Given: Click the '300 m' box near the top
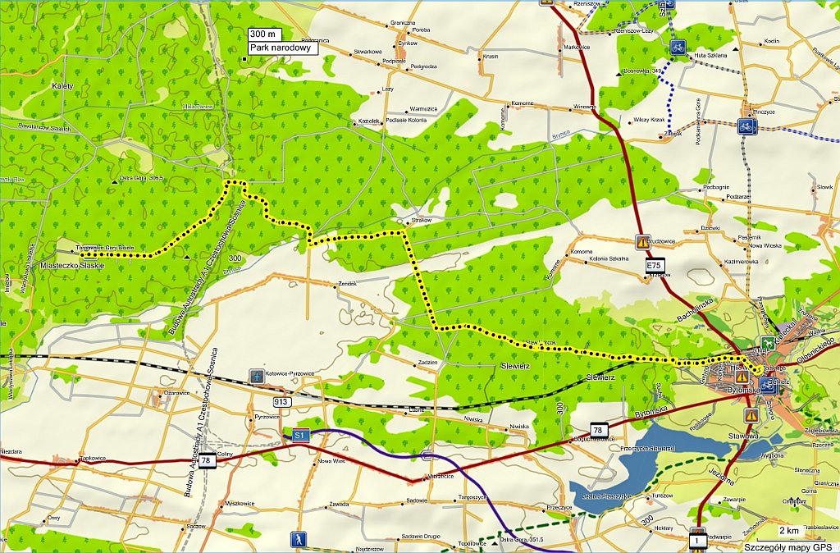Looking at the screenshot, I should click(265, 34).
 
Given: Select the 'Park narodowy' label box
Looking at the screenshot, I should click(281, 48).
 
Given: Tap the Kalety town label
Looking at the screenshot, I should click(62, 86).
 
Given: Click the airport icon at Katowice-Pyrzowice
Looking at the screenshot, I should click(258, 374).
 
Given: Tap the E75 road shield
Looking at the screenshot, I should click(654, 265).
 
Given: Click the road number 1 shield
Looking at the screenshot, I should click(698, 542).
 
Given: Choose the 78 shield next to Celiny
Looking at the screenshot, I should click(206, 462).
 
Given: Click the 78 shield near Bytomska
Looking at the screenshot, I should click(600, 431).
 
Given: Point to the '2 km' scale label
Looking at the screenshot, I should click(789, 531).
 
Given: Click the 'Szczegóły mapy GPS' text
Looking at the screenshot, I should click(788, 546).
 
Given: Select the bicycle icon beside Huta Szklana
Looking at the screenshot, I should click(677, 48).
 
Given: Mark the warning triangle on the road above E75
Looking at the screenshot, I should click(642, 242).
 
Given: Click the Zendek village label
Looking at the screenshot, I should click(348, 284).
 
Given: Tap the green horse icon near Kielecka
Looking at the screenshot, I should click(767, 343).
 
